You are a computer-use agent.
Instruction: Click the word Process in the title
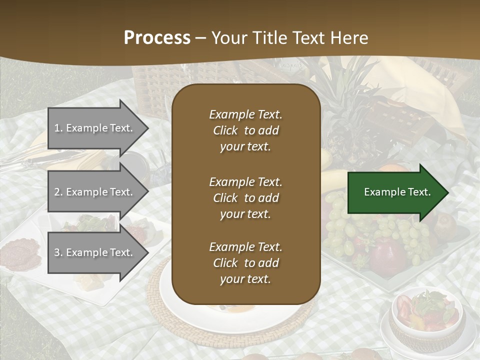pyautogui.click(x=157, y=37)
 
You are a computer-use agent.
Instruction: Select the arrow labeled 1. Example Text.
pyautogui.click(x=95, y=128)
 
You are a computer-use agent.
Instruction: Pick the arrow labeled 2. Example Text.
pyautogui.click(x=95, y=192)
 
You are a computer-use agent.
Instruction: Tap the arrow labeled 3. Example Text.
pyautogui.click(x=95, y=252)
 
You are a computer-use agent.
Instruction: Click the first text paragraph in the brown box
pyautogui.click(x=245, y=130)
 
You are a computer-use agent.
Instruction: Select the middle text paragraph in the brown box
pyautogui.click(x=245, y=198)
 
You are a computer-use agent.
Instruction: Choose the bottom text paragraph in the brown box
pyautogui.click(x=245, y=263)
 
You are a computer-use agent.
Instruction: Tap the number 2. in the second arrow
pyautogui.click(x=58, y=192)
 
